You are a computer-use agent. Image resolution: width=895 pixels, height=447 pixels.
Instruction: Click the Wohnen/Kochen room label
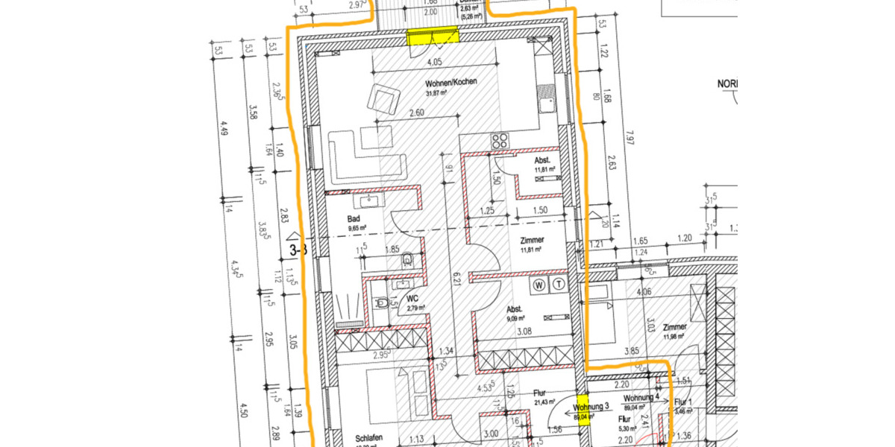450,83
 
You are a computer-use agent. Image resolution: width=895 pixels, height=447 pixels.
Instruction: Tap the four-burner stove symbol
499,140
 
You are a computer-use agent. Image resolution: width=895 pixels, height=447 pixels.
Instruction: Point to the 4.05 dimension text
436,63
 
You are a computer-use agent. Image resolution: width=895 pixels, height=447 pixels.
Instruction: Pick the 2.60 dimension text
417,113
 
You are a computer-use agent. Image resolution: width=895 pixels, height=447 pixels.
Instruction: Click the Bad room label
354,218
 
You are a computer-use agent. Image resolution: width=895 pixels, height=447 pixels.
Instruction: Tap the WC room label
412,299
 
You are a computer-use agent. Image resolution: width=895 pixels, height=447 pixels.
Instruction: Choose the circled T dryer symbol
559,284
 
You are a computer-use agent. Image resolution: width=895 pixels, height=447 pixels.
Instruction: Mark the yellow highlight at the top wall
433,37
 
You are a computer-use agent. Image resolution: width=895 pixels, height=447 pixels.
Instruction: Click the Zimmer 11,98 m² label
674,327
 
